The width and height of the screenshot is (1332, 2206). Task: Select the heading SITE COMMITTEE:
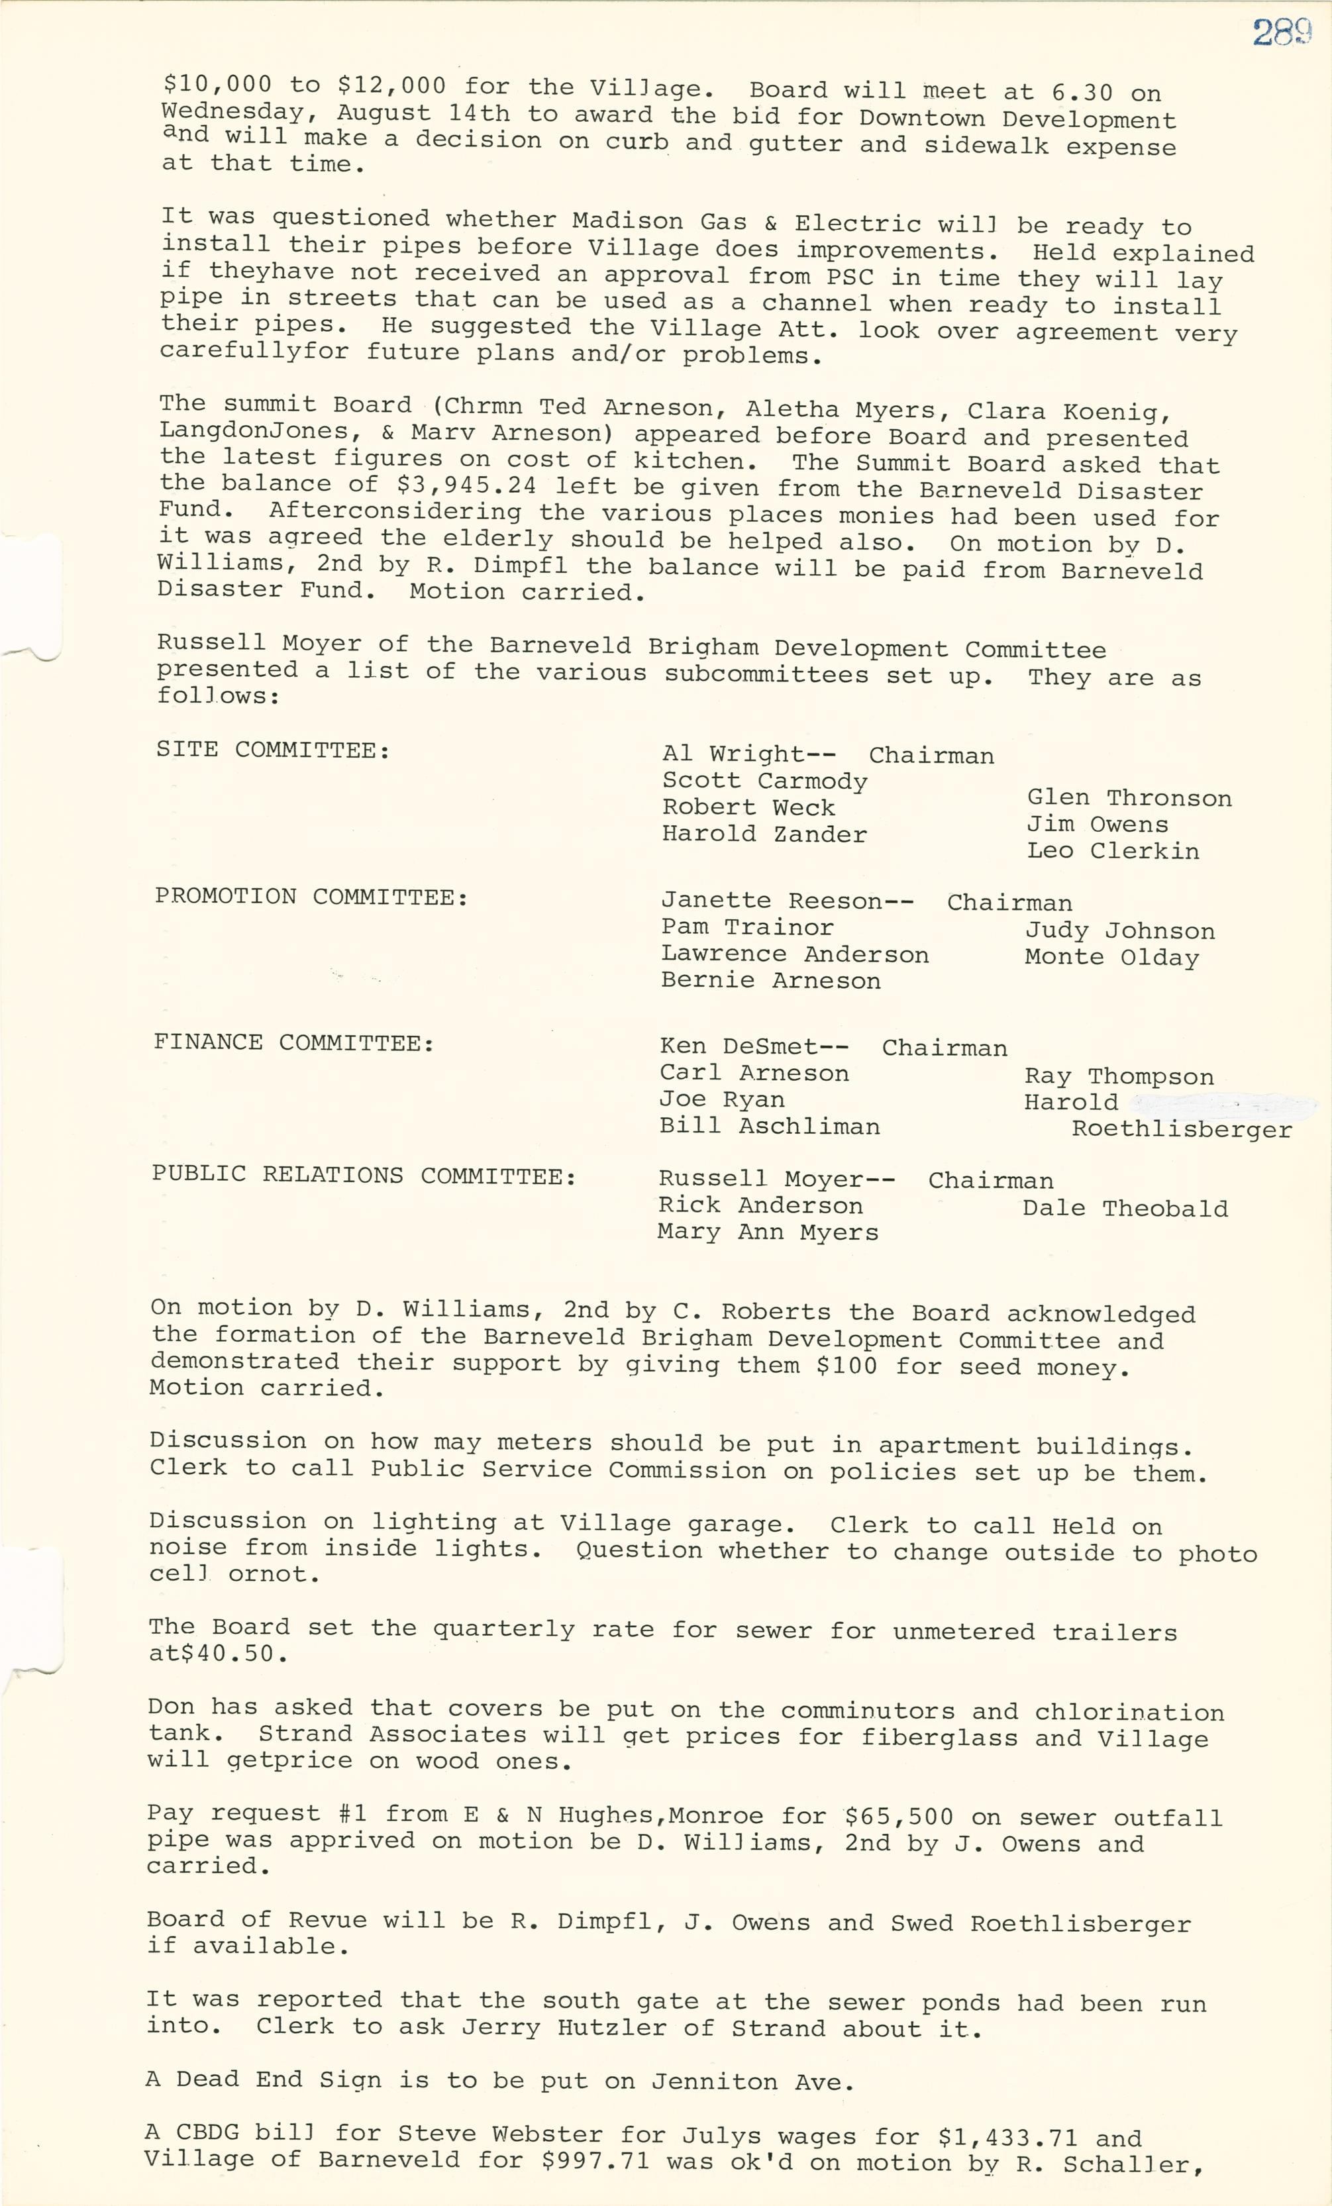273,750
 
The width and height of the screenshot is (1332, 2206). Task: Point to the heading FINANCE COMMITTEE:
293,1042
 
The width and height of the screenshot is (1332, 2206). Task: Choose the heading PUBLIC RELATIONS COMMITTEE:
364,1175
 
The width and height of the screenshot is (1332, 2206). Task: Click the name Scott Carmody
764,781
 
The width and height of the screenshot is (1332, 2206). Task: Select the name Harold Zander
764,834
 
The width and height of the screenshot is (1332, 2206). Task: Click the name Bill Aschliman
769,1127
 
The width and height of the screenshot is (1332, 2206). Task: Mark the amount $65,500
899,1817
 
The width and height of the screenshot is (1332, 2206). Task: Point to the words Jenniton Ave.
752,2081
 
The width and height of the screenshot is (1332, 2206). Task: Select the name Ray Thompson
1119,1076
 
